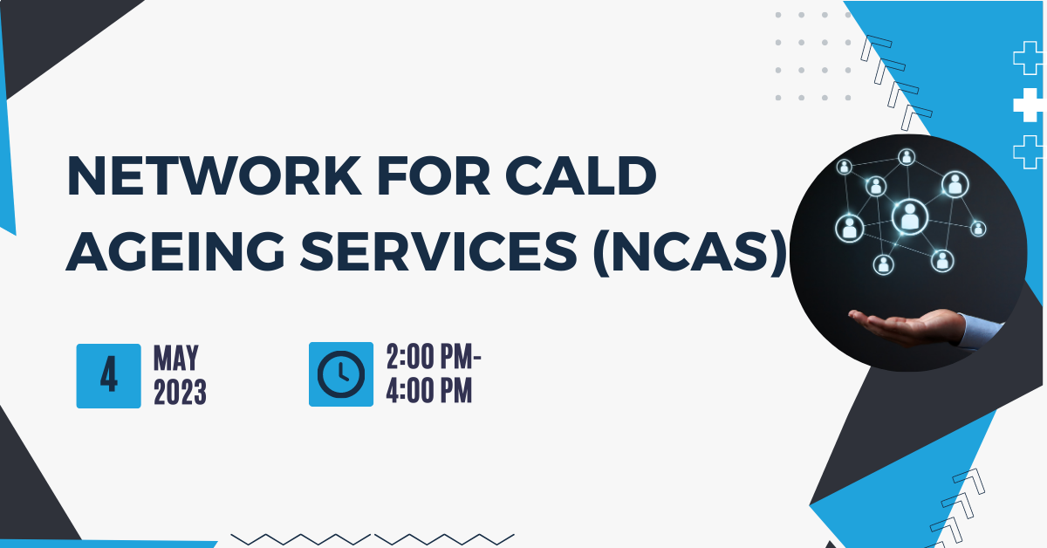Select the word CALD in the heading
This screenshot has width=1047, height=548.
[580, 175]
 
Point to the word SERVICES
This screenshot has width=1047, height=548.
[438, 251]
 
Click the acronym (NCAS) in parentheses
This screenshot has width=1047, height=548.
[690, 251]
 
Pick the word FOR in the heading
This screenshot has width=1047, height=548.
[434, 175]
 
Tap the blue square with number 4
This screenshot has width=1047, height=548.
[108, 376]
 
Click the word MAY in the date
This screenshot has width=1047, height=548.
[176, 358]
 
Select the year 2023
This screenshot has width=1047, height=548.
[180, 392]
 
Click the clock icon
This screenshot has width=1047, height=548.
[341, 374]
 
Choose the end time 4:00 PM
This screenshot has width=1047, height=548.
[429, 390]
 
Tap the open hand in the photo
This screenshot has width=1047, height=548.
[905, 326]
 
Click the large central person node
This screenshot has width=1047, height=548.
[909, 217]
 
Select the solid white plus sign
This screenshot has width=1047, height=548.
[1030, 105]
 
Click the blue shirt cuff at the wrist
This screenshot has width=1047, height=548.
[979, 331]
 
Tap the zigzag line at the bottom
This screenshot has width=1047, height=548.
[373, 539]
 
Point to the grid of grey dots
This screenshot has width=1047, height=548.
[813, 56]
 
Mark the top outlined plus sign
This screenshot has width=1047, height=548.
[1028, 58]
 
